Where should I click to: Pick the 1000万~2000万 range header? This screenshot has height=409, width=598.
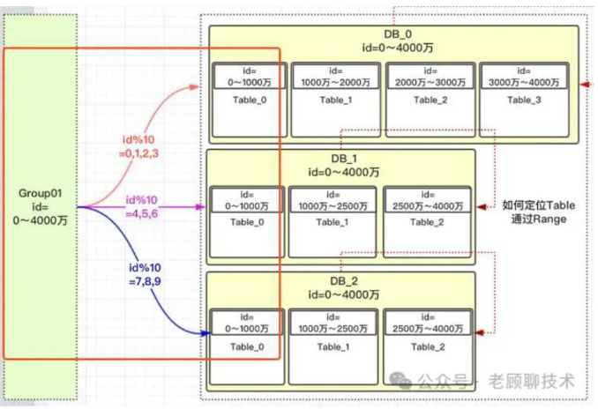[334, 76]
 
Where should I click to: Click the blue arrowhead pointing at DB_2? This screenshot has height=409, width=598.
[206, 334]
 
